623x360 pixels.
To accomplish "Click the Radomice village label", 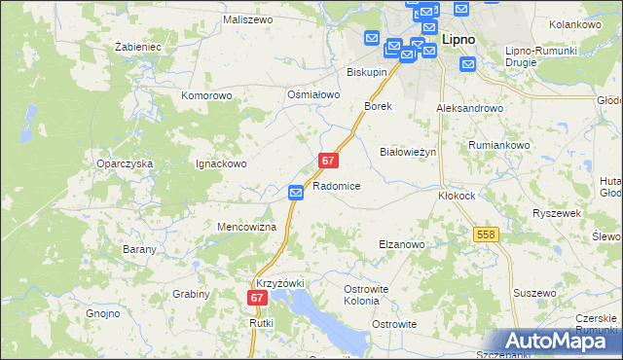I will coord(337,186).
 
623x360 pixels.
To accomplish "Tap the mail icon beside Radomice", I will coord(297,195).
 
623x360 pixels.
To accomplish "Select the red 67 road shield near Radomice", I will coord(329,161).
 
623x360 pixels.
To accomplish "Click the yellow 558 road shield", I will coord(487,234).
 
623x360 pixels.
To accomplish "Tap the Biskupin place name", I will coord(367,73).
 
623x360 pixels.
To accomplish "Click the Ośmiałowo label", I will coord(312,94).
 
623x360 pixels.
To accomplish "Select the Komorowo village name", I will coord(206,96).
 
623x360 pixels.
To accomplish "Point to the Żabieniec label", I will coord(136,46).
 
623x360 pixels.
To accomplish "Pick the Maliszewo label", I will coord(245,18).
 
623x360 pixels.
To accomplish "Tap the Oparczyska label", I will coord(125,164).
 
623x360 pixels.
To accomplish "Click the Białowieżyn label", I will coord(407,153).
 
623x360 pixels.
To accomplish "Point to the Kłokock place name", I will coord(457,195).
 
